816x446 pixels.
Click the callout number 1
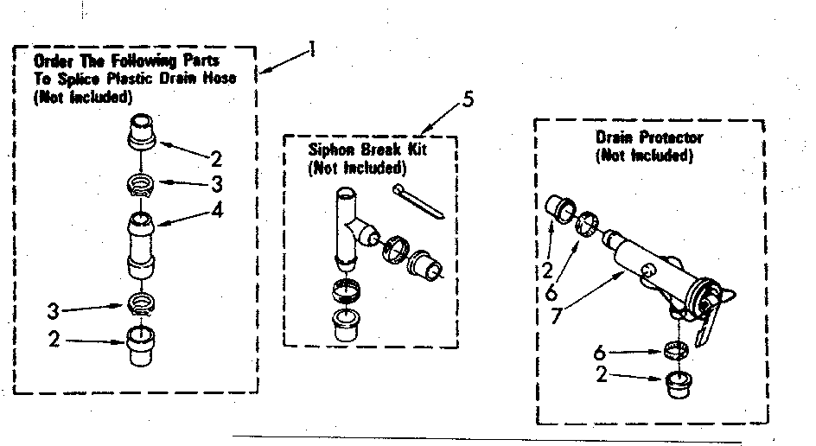[310, 50]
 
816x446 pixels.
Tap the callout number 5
[468, 99]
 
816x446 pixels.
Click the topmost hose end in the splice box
[141, 132]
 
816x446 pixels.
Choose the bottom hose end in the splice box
[142, 347]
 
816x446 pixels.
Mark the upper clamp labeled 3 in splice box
[142, 184]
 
